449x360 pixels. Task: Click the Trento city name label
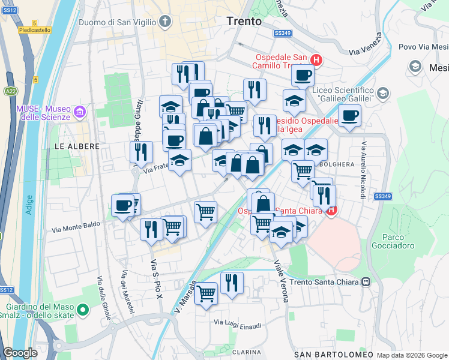point(244,21)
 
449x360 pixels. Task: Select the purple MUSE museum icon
point(79,112)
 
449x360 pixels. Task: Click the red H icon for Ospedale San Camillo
point(316,60)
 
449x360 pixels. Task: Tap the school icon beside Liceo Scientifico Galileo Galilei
point(383,94)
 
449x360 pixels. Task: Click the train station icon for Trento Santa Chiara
point(364,281)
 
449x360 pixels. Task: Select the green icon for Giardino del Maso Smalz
point(83,310)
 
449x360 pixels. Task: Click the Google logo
point(20,352)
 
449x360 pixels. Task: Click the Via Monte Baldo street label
point(76,228)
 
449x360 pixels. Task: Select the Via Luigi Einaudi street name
point(238,325)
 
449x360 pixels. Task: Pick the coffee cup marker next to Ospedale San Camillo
point(303,76)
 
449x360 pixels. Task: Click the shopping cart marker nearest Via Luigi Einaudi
point(206,293)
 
